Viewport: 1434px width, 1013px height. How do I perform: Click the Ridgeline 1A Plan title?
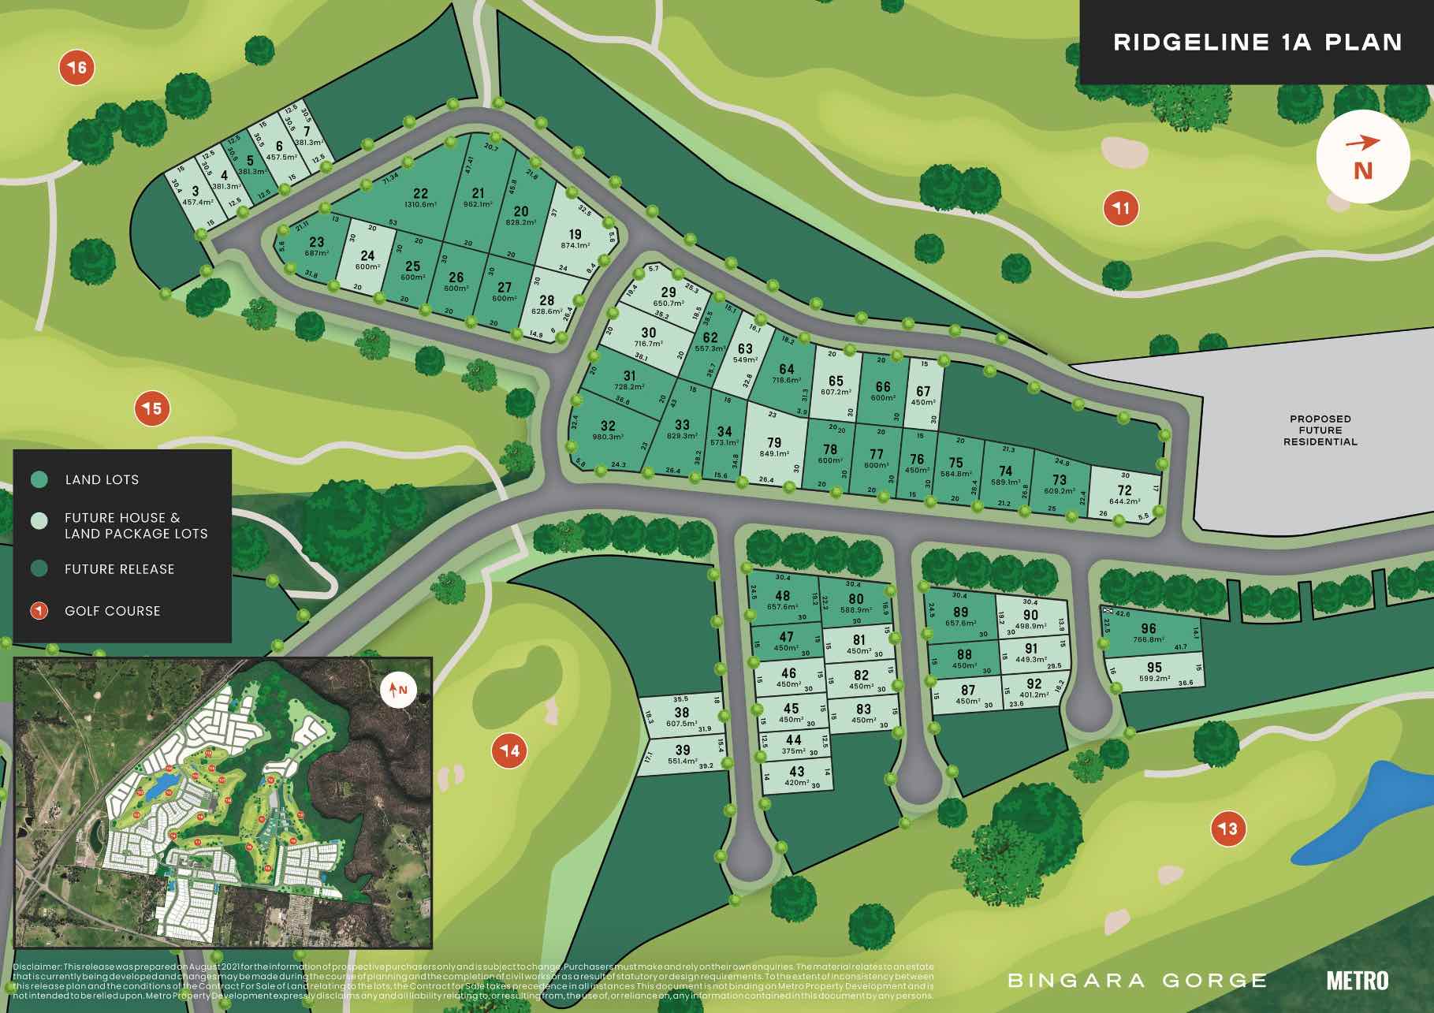[1257, 42]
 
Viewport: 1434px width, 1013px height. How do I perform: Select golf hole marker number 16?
[77, 68]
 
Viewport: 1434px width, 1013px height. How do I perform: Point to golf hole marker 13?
[1228, 829]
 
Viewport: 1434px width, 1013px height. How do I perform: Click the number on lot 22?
[420, 194]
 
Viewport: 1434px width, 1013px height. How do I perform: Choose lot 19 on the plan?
[575, 234]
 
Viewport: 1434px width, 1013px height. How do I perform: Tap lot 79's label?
[774, 443]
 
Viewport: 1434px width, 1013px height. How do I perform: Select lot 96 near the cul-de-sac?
[1149, 629]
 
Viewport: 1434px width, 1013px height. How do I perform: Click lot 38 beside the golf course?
[682, 712]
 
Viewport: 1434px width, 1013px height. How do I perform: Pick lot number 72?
[1124, 490]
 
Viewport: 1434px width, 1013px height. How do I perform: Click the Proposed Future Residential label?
[1320, 430]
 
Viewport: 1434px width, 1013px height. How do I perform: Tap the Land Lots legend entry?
[102, 479]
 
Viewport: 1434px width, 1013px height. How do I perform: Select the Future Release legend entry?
[119, 569]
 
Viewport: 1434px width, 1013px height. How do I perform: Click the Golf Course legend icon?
[39, 611]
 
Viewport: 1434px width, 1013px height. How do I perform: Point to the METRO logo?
[1357, 980]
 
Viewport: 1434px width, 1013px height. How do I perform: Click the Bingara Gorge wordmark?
[1137, 981]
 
